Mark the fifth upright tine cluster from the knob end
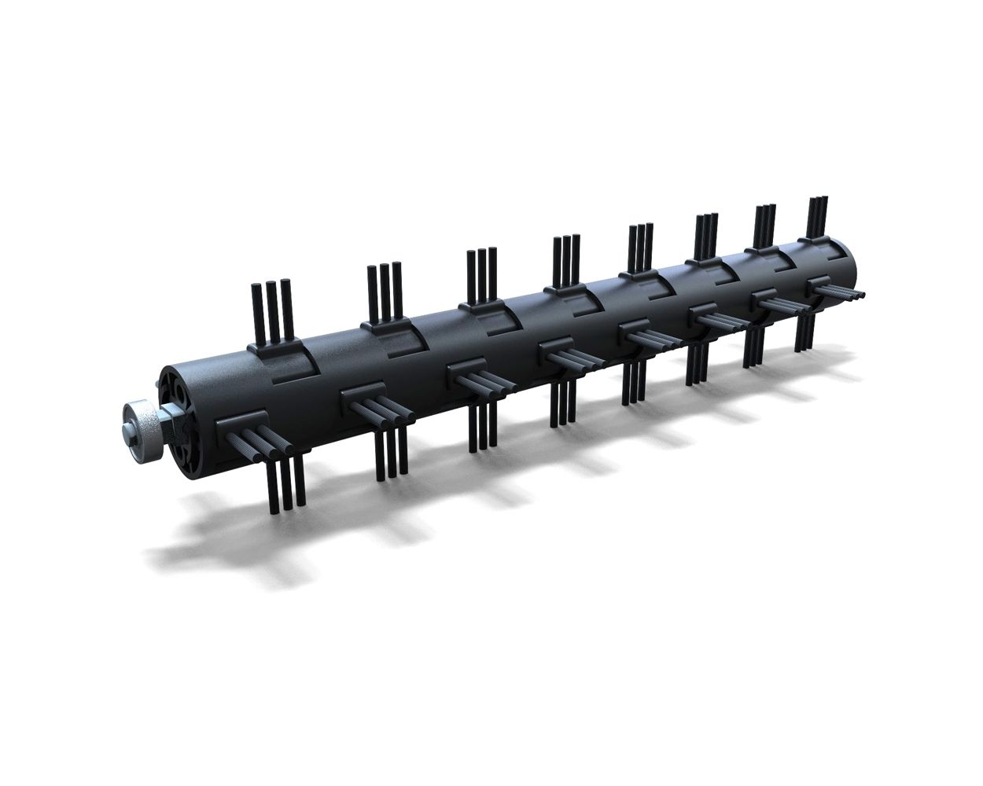(641, 248)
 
